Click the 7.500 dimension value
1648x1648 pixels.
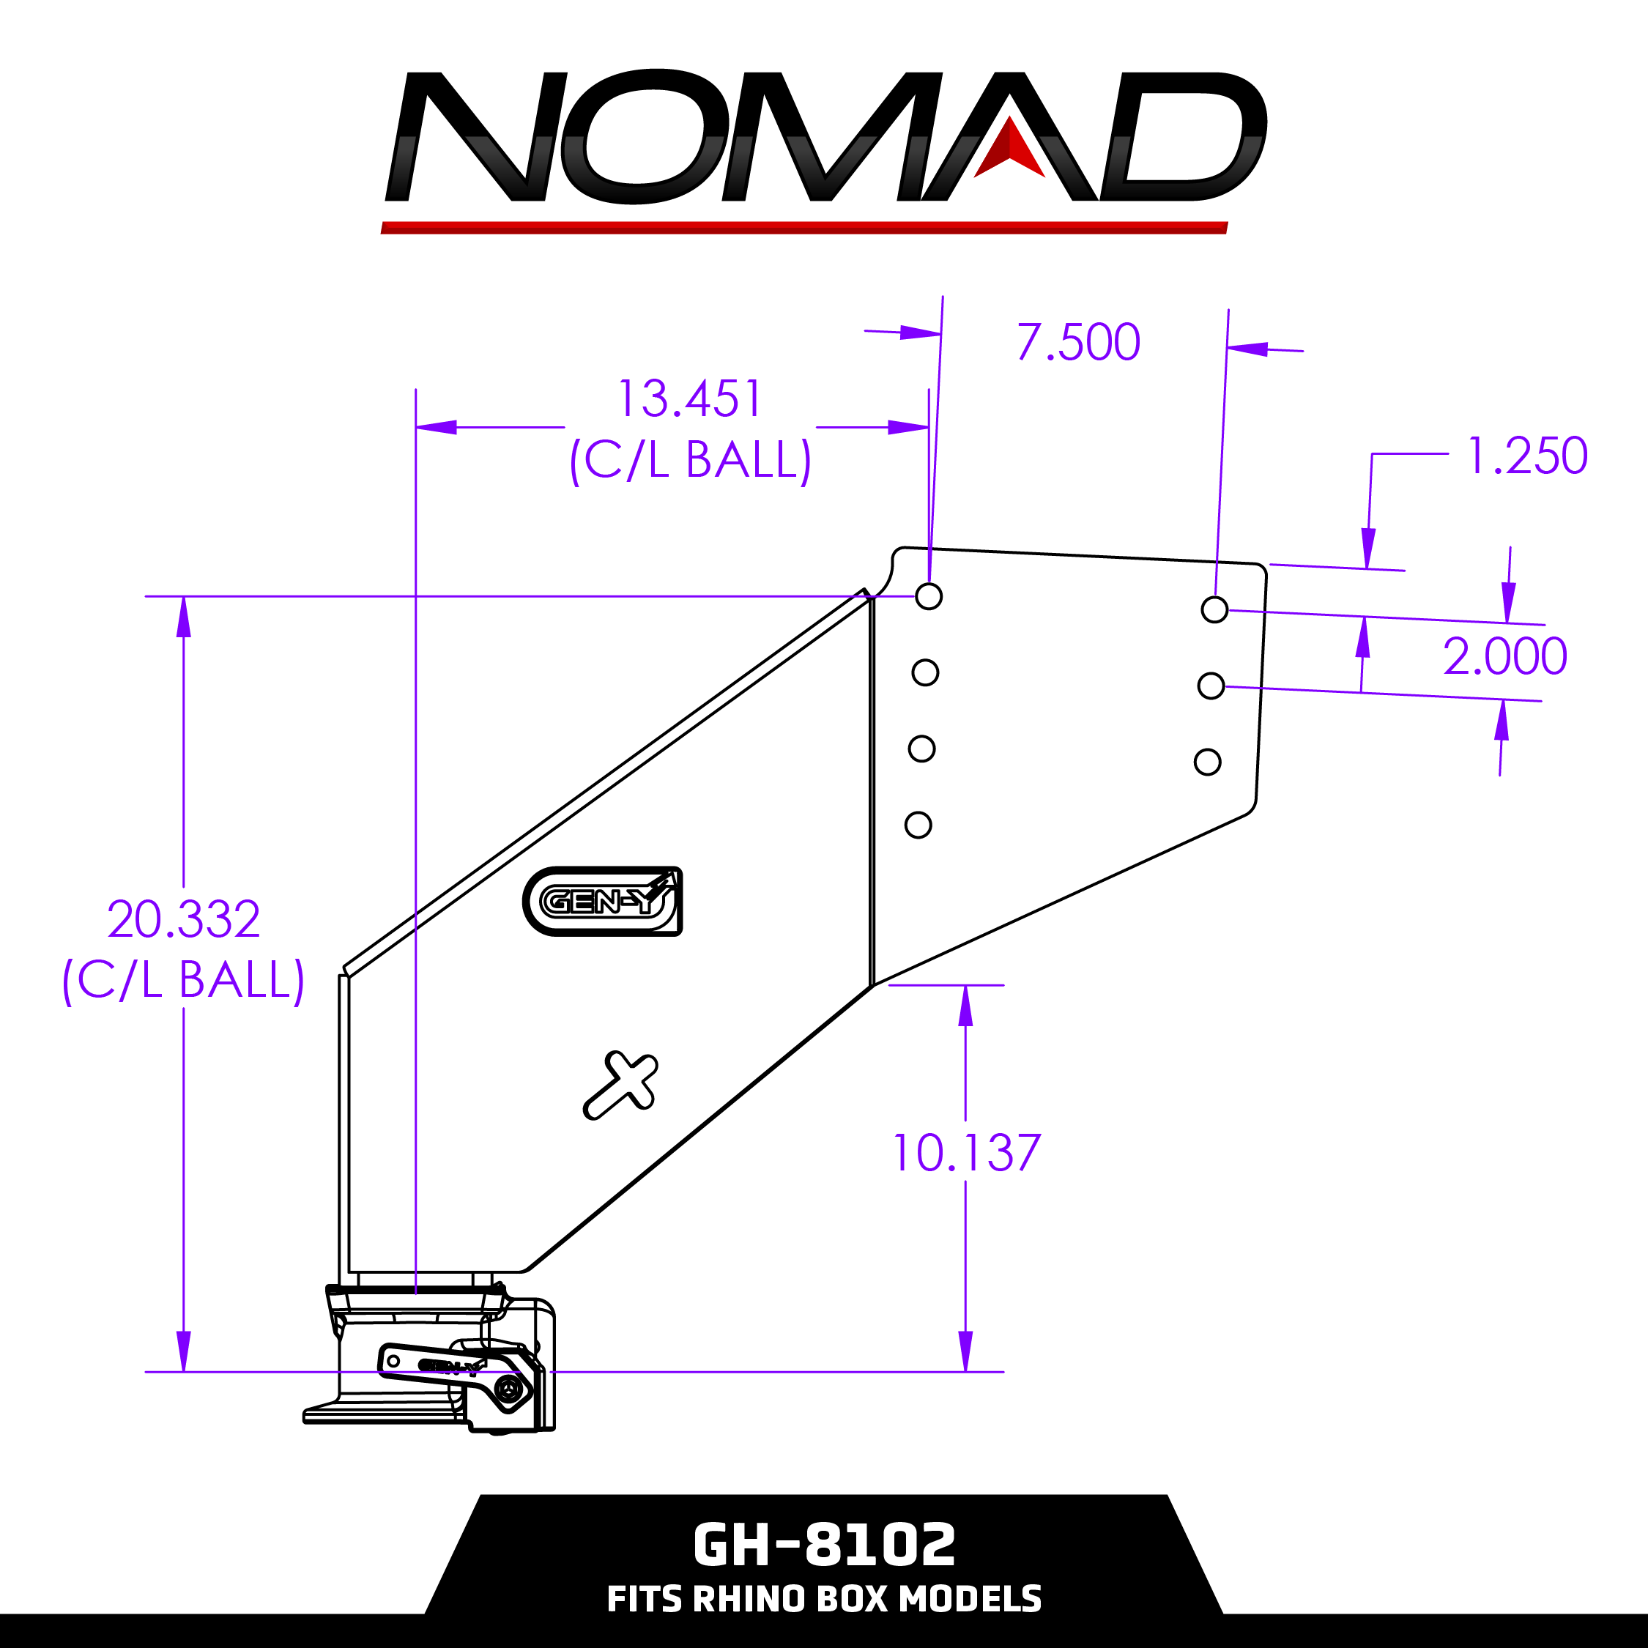[1078, 343]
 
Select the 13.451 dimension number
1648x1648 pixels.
[688, 399]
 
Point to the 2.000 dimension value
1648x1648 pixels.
[1504, 657]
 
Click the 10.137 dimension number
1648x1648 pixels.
[965, 1154]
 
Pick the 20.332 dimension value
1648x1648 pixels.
[183, 919]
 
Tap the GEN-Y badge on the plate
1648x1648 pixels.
[602, 901]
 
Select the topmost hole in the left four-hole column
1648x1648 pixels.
[928, 596]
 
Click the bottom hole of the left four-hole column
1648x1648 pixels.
[918, 825]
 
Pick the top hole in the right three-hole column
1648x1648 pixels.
[1214, 610]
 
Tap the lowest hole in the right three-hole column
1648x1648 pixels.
[1207, 762]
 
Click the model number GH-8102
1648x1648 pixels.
[823, 1545]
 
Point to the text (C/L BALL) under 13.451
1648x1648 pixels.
[690, 461]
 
